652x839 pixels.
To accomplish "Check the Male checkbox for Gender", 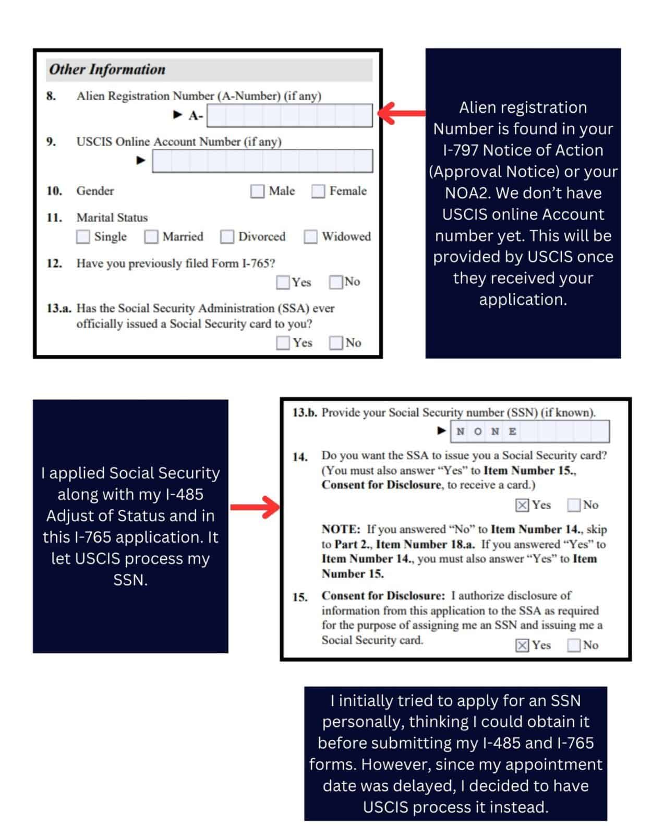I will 257,191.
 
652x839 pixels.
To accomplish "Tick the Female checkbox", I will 318,191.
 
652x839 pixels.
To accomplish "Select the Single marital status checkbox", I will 83,237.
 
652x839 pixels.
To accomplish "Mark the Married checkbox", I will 151,237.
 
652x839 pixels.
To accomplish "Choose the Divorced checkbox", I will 227,237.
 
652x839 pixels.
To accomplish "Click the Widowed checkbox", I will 311,237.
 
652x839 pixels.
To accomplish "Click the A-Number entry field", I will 289,115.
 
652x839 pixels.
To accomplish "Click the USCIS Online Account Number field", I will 262,161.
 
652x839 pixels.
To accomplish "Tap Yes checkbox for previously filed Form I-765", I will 283,282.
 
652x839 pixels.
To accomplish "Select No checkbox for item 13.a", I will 336,343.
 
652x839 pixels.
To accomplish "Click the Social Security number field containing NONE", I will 530,432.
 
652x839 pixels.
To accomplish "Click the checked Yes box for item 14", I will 522,505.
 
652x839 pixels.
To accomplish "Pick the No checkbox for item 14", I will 574,505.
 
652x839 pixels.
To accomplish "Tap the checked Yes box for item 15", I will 522,645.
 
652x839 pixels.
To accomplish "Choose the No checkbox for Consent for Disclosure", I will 574,645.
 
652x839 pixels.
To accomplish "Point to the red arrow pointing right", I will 255,507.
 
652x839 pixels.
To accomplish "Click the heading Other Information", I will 107,69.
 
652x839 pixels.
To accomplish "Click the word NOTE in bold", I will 341,529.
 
